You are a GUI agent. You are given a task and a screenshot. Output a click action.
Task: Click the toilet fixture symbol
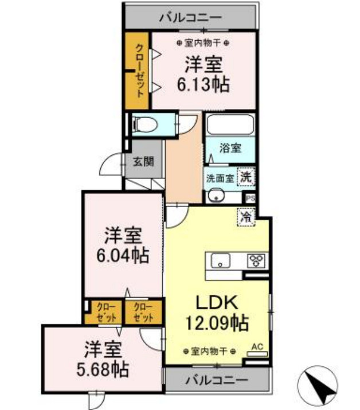(x=145, y=124)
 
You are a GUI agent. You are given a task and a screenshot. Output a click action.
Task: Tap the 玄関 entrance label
(x=143, y=161)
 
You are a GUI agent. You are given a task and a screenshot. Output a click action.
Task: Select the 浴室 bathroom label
(x=230, y=148)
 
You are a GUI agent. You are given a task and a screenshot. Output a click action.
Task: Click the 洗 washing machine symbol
(x=246, y=177)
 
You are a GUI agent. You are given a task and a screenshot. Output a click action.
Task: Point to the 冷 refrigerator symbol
(x=246, y=217)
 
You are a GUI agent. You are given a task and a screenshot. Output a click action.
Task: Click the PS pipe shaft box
(x=250, y=198)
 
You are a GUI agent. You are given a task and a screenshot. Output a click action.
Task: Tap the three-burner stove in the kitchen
(x=257, y=260)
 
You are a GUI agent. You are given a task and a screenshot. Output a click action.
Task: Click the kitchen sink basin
(x=221, y=260)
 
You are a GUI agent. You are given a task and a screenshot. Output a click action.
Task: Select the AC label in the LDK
(x=257, y=347)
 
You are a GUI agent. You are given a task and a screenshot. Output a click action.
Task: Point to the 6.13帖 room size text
(x=204, y=84)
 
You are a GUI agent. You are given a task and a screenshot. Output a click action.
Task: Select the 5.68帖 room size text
(x=103, y=369)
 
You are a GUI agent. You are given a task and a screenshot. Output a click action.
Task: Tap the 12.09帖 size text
(x=217, y=323)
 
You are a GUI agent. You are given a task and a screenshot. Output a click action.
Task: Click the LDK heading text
(x=217, y=302)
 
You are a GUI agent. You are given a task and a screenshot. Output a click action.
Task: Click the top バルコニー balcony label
(x=190, y=18)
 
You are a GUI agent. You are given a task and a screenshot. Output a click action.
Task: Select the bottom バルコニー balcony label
(x=217, y=380)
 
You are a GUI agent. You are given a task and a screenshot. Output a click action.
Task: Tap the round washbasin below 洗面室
(x=217, y=195)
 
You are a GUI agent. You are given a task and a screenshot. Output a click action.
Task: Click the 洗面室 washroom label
(x=220, y=178)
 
